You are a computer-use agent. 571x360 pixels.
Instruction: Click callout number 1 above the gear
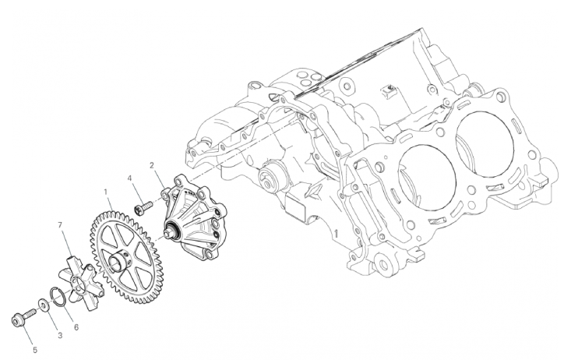click(x=106, y=191)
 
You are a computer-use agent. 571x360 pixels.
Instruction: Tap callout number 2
click(x=152, y=165)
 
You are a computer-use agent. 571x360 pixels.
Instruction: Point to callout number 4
click(x=129, y=178)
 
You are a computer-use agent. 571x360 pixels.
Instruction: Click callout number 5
click(x=35, y=350)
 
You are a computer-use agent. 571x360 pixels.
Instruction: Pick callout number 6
click(x=76, y=327)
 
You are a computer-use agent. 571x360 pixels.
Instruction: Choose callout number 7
click(x=61, y=225)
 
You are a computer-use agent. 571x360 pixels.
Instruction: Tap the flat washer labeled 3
click(x=42, y=304)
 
